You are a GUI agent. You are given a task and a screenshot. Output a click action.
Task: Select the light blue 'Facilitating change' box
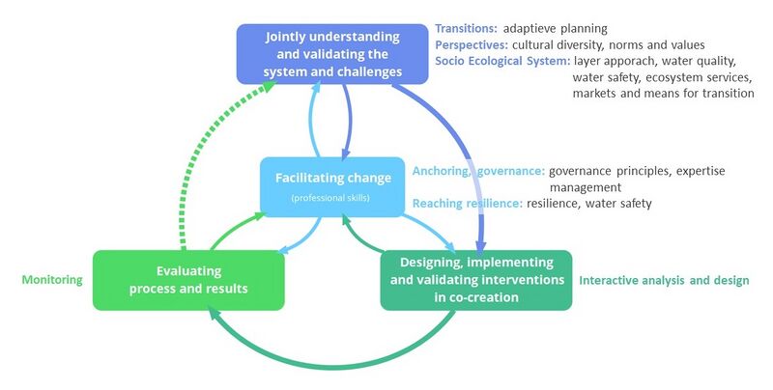332,185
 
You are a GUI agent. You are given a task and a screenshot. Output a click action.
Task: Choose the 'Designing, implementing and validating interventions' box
475,280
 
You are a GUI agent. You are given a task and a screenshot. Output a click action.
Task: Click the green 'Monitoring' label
51,280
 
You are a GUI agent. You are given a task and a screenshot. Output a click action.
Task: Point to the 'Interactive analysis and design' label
663,281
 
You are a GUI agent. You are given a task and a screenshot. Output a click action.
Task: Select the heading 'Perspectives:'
472,44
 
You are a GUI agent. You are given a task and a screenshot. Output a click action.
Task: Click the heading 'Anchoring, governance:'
478,171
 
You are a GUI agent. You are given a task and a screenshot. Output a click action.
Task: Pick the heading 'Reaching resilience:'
468,204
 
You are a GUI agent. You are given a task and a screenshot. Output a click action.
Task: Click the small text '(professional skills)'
331,199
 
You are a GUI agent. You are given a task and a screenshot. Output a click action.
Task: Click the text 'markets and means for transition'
663,94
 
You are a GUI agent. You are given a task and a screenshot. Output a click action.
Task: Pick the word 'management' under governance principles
585,186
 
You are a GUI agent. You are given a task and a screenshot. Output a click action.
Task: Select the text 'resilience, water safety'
589,204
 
